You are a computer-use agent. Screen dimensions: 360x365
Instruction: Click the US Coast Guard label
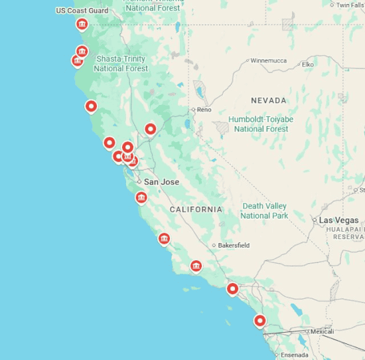pyautogui.click(x=82, y=11)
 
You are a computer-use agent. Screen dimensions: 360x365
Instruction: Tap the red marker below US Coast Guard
pyautogui.click(x=82, y=25)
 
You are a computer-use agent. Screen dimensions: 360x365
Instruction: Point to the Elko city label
pyautogui.click(x=308, y=64)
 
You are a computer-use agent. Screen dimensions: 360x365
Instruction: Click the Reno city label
pyautogui.click(x=204, y=110)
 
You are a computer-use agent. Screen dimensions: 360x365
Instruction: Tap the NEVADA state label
pyautogui.click(x=269, y=100)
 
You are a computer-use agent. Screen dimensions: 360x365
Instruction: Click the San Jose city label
pyautogui.click(x=162, y=181)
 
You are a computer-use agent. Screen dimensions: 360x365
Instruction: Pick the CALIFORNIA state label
pyautogui.click(x=196, y=209)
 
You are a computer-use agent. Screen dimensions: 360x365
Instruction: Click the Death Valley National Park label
pyautogui.click(x=264, y=211)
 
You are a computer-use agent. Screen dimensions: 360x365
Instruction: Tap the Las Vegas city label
pyautogui.click(x=338, y=220)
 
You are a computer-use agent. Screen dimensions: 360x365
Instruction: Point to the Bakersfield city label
pyautogui.click(x=234, y=245)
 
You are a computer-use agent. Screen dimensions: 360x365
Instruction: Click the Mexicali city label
pyautogui.click(x=322, y=331)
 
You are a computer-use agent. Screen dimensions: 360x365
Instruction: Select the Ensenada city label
pyautogui.click(x=295, y=355)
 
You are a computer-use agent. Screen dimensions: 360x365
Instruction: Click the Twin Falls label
pyautogui.click(x=350, y=5)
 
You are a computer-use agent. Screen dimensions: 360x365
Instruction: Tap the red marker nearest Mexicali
pyautogui.click(x=260, y=321)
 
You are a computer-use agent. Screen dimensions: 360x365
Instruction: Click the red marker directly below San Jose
pyautogui.click(x=141, y=197)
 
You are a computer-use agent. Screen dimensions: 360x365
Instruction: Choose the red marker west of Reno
pyautogui.click(x=151, y=128)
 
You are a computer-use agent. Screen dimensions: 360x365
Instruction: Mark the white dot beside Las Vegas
pyautogui.click(x=315, y=220)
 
